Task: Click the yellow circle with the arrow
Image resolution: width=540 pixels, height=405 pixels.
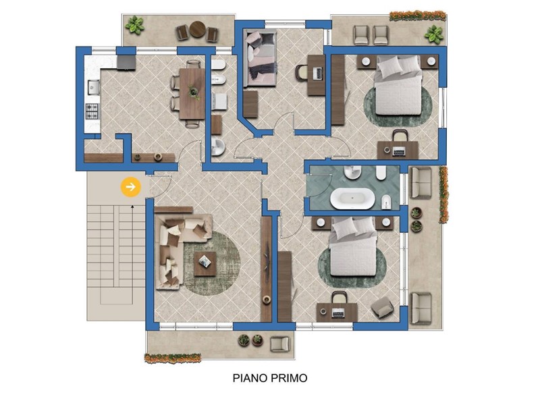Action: coord(131,187)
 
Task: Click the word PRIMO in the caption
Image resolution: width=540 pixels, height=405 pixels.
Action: coord(289,378)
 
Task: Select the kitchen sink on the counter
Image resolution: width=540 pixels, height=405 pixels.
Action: coord(93,87)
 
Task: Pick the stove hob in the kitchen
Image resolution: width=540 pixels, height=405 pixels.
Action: coord(92,111)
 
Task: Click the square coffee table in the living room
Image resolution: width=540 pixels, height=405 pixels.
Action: coord(205,264)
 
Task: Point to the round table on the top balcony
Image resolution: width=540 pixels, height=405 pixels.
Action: coord(198,29)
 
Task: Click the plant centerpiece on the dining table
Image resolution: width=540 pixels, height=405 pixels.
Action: coord(193,91)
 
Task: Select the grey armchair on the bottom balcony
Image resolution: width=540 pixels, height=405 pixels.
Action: coord(279,344)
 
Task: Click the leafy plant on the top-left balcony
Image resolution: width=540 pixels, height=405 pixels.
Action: coord(134,25)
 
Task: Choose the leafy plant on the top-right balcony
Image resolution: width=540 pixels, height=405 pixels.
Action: coord(433,34)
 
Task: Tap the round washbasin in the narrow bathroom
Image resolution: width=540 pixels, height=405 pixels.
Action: coord(217,147)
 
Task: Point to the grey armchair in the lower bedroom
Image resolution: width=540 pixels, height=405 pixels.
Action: coord(382,308)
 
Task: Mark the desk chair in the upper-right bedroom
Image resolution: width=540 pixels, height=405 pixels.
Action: coord(400,136)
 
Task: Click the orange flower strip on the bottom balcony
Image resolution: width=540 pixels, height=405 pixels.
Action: coord(173,358)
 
